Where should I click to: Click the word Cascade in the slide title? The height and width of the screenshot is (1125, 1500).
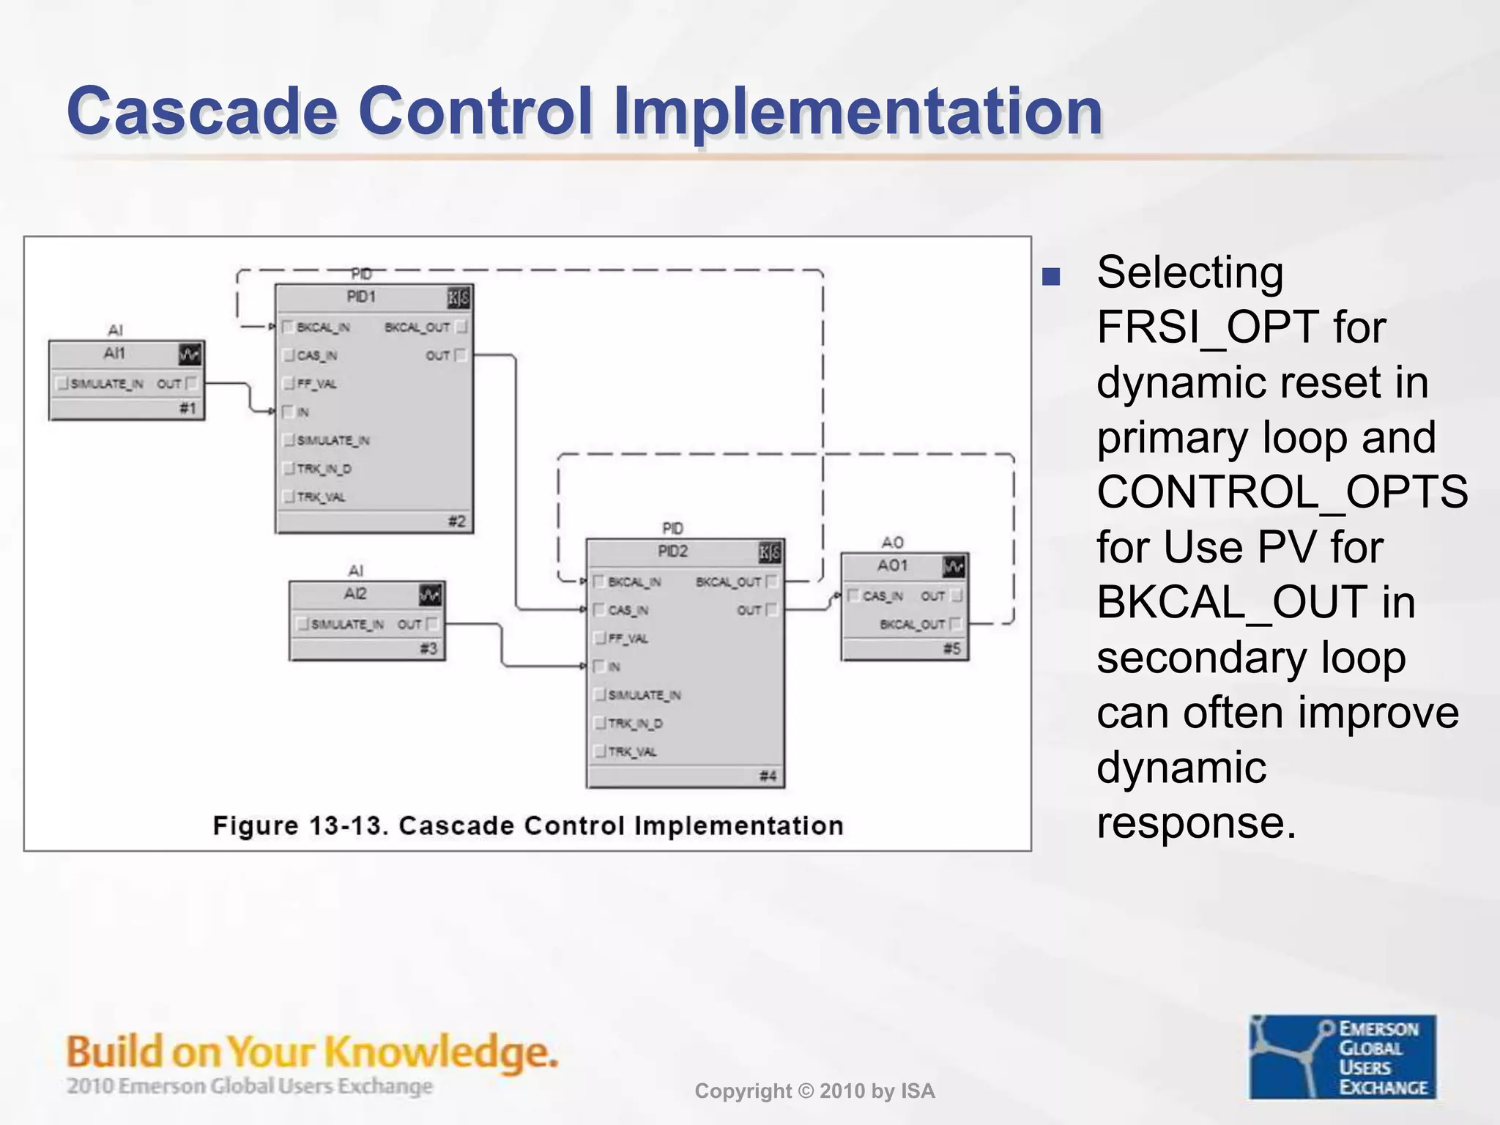[201, 111]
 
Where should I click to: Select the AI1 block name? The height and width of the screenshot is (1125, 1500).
[114, 354]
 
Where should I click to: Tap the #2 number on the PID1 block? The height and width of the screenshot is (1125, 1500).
[456, 521]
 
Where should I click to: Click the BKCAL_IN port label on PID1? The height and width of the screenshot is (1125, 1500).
[323, 327]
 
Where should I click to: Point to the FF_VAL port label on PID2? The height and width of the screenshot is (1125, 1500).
[628, 639]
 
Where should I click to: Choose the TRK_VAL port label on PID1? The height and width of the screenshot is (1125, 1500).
[321, 497]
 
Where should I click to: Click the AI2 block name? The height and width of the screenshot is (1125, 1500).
[355, 594]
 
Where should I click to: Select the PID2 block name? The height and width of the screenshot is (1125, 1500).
[672, 552]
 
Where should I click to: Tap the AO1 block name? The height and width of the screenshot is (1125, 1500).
[892, 565]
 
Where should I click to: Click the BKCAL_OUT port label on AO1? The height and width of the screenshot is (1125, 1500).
[912, 625]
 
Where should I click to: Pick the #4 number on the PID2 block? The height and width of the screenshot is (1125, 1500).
[768, 776]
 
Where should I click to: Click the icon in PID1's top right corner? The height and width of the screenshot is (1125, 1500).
[458, 297]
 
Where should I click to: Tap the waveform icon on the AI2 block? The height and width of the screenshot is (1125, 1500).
[430, 595]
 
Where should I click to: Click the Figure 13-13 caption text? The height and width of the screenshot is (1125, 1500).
[527, 825]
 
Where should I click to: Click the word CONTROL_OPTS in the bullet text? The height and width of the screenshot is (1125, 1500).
[1282, 492]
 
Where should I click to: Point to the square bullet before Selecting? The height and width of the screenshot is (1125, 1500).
[1051, 277]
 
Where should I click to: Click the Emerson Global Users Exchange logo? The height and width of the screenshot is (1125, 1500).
[1342, 1056]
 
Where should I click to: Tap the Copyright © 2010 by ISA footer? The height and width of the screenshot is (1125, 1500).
[814, 1091]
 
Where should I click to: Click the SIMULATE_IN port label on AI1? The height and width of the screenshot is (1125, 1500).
[106, 384]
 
